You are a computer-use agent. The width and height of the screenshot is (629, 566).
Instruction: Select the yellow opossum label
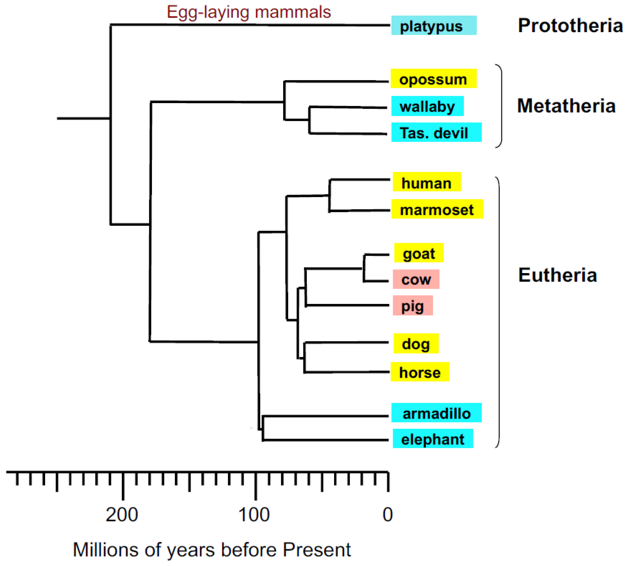pos(433,79)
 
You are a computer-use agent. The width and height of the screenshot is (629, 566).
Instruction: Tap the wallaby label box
pos(427,106)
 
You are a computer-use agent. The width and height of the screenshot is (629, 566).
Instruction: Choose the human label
pos(426,182)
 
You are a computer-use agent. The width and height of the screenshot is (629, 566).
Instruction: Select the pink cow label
pos(416,279)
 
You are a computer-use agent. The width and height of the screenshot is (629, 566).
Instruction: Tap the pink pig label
pos(412,305)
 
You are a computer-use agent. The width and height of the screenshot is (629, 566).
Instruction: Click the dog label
pos(416,343)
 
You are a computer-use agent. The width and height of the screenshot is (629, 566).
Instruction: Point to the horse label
pos(420,372)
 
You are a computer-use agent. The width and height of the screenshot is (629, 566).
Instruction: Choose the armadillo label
pos(436,413)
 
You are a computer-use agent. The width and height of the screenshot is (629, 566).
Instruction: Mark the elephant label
pos(433,438)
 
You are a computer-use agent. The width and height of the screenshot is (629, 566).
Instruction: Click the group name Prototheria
pos(570,25)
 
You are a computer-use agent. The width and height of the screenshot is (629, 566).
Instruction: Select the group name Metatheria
pos(566,106)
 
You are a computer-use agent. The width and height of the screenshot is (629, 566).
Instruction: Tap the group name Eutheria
pos(558,275)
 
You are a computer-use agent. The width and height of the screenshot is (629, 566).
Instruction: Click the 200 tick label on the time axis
pos(122,515)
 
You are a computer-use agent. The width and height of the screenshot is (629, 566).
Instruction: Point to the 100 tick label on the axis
pos(254,515)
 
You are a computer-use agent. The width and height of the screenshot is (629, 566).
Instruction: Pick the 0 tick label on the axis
pos(387,515)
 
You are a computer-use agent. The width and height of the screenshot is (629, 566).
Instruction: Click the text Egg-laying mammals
pos(249,12)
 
